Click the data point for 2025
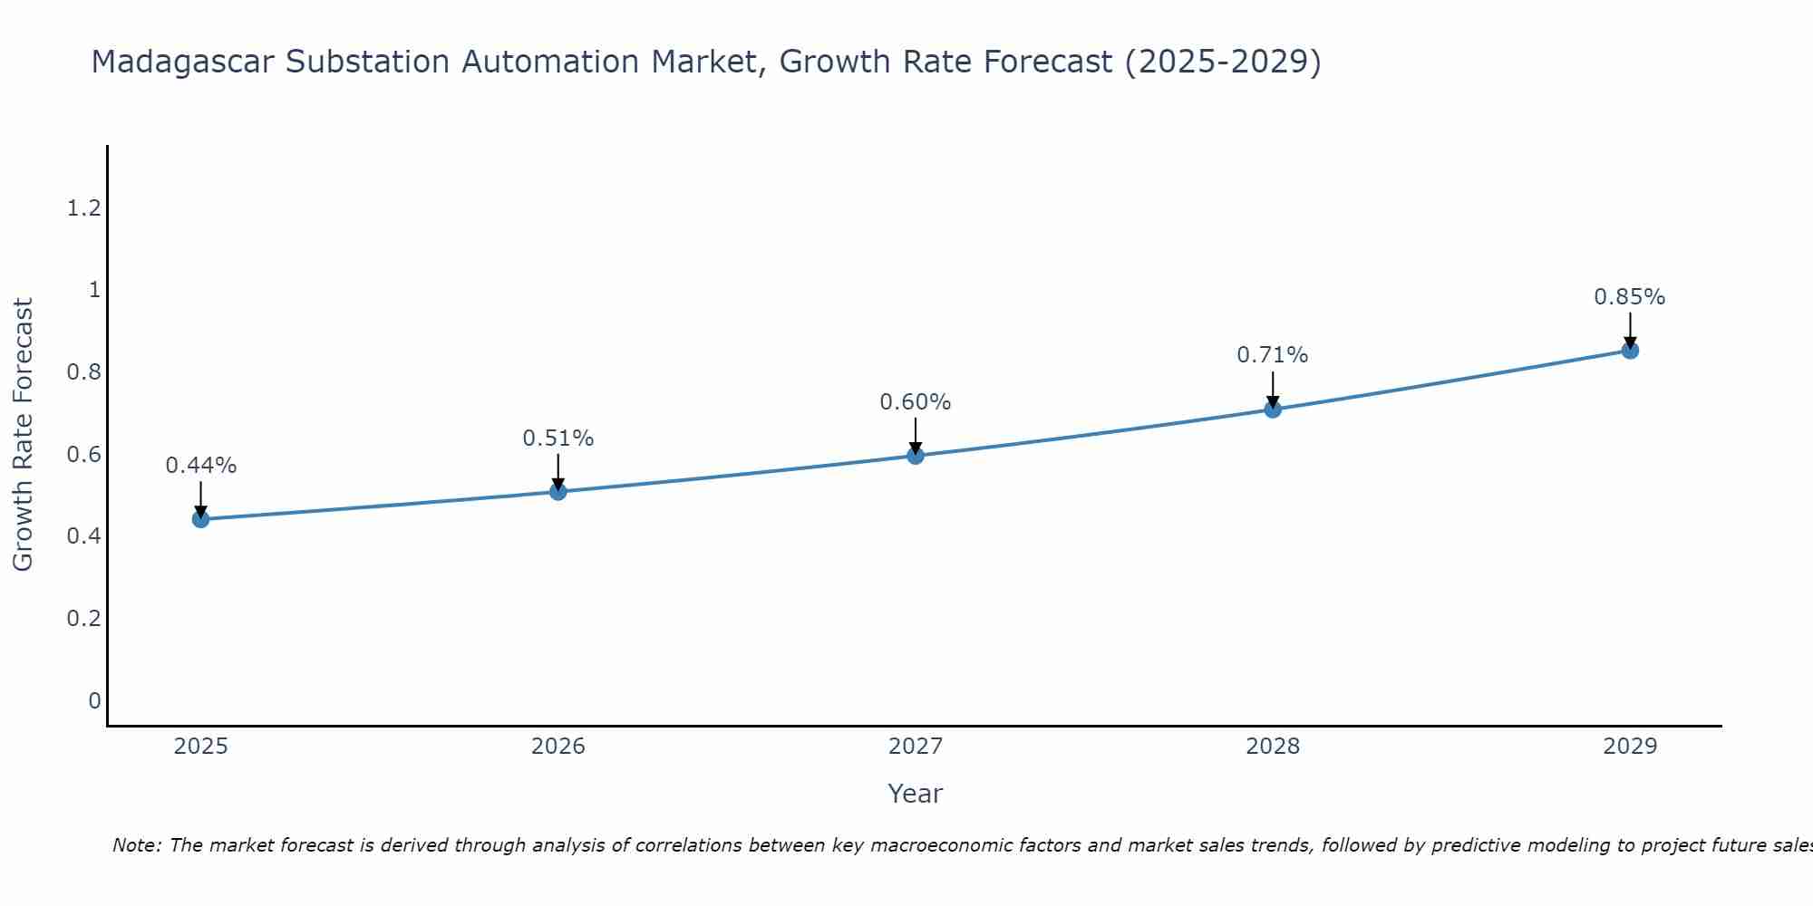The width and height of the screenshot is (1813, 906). pos(201,519)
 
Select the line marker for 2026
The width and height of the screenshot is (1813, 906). pos(558,491)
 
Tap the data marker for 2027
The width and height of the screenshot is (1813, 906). pos(916,455)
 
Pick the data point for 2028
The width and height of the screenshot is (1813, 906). pos(1273,409)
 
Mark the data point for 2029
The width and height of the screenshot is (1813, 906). pos(1630,351)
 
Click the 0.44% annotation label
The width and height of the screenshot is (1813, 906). pos(201,466)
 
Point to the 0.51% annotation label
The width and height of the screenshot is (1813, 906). pos(558,439)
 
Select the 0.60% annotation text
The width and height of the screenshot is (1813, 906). pos(916,402)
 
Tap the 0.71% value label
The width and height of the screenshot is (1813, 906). pos(1273,355)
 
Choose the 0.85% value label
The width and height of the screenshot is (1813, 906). pos(1630,297)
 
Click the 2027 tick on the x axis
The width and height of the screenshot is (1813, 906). pos(916,747)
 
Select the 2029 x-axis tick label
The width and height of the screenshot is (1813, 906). pos(1630,747)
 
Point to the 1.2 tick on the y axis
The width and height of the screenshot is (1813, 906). pos(83,209)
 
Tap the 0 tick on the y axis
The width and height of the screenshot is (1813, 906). pos(94,700)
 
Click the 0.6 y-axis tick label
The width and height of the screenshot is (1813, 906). pos(83,455)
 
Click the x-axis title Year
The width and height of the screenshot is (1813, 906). pos(916,794)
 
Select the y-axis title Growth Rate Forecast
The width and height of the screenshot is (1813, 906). pos(24,435)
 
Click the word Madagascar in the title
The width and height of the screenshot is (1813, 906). pos(182,63)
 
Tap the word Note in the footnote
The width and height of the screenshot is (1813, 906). pos(135,845)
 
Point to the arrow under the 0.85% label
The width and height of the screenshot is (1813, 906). pos(1630,331)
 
